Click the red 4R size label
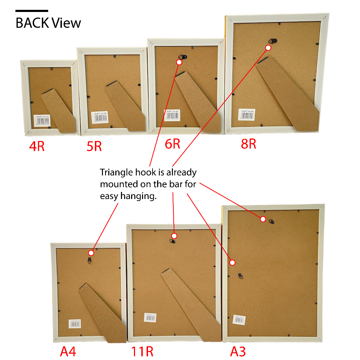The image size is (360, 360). tap(37, 146)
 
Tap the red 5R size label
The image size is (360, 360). tap(94, 146)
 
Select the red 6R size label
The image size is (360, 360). tap(172, 144)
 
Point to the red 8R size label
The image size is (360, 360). tap(248, 144)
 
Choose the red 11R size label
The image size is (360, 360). tap(142, 351)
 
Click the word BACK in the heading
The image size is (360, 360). tap(32, 23)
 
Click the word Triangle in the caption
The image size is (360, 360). tap(116, 173)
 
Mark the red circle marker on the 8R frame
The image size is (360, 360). tap(268, 47)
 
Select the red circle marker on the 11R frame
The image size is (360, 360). tap(174, 236)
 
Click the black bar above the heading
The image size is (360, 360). tap(32, 11)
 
